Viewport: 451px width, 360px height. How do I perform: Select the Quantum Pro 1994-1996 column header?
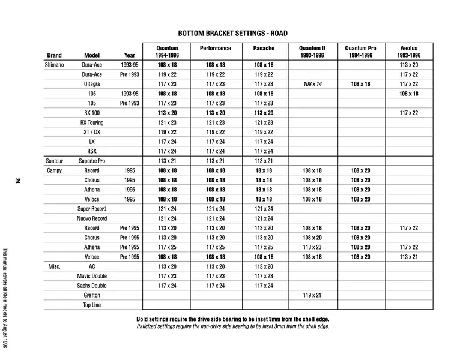coord(360,52)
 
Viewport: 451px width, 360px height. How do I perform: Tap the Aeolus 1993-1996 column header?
coord(408,52)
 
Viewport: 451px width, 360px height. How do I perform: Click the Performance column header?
coord(215,48)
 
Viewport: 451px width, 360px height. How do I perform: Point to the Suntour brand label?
coord(54,161)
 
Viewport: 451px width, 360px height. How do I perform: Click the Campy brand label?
coord(54,170)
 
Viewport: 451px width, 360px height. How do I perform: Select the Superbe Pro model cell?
coord(92,161)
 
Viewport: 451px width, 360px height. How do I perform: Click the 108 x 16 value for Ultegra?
coord(360,84)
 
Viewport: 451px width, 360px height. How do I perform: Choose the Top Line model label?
coord(92,305)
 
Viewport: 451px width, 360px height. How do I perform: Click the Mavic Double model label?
coord(92,276)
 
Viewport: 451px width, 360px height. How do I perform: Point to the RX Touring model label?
coord(92,122)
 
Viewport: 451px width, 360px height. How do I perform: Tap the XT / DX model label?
coord(92,132)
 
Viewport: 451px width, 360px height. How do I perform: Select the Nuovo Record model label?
coord(92,218)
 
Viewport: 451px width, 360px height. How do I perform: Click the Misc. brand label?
coord(54,266)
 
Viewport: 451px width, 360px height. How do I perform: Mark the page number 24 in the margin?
coord(18,181)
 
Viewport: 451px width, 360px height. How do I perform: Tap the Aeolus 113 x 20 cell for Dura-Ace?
coord(408,65)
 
